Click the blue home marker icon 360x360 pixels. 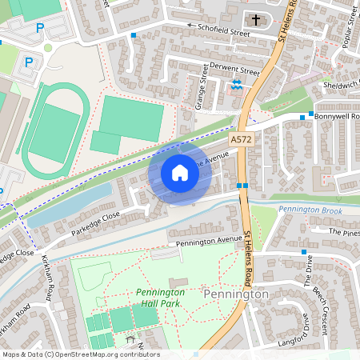[x=180, y=173]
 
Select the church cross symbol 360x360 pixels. [x=257, y=20]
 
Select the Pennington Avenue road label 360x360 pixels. [x=209, y=239]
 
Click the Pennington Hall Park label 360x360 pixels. [x=160, y=298]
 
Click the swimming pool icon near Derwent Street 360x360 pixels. [x=237, y=84]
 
